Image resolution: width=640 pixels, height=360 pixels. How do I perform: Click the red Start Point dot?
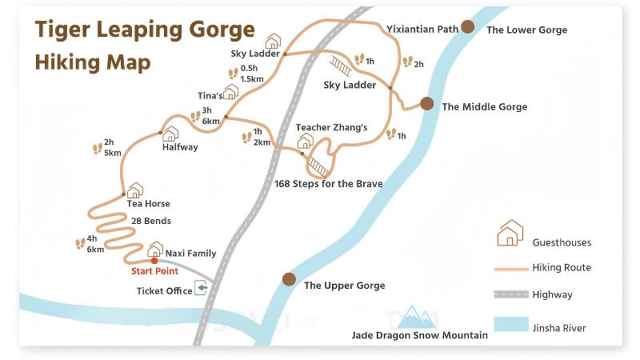tap(154, 260)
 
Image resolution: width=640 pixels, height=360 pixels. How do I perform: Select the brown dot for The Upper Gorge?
tap(289, 279)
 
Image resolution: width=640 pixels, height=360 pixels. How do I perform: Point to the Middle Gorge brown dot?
tap(427, 103)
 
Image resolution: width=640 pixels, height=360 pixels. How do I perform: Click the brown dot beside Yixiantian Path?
tap(467, 27)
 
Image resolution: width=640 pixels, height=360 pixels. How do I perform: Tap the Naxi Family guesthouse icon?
tap(155, 250)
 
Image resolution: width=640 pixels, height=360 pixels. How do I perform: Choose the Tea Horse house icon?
tap(134, 190)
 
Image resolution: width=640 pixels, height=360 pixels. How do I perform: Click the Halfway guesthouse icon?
tap(170, 134)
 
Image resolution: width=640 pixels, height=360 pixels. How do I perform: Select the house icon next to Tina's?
tap(231, 92)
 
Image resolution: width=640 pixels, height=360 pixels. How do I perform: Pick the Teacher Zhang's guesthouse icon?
tap(305, 142)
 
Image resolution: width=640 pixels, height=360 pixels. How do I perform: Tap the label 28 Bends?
tap(151, 221)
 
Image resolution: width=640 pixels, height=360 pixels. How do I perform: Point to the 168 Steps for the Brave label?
tap(328, 184)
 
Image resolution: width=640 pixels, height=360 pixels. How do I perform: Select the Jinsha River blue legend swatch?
tap(510, 324)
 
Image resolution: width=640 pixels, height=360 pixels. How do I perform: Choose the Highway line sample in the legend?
tap(510, 294)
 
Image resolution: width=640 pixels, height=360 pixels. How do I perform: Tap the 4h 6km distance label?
tap(95, 243)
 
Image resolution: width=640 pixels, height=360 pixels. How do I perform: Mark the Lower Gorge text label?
tap(526, 30)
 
